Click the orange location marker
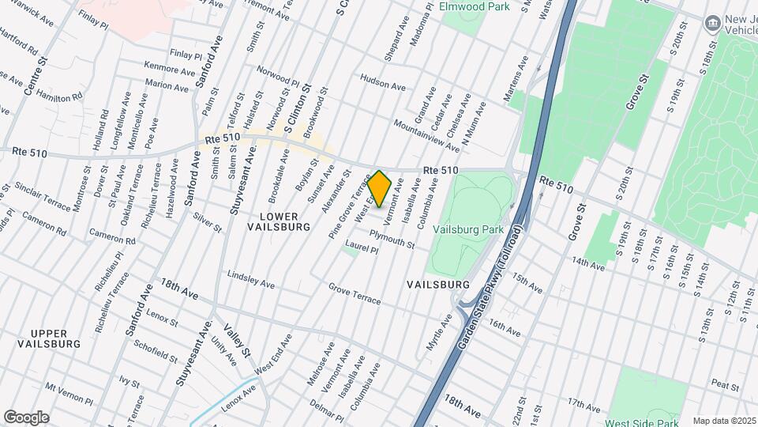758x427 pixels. (x=380, y=189)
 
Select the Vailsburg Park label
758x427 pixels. (x=469, y=229)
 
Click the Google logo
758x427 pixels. (x=26, y=417)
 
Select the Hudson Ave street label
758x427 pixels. (x=383, y=81)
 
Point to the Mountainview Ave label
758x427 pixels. (x=426, y=135)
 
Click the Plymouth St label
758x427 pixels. (x=392, y=240)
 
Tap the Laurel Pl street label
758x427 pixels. (x=362, y=248)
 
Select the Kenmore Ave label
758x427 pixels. (x=169, y=70)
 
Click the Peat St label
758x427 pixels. (x=724, y=385)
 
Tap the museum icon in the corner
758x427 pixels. (x=713, y=23)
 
